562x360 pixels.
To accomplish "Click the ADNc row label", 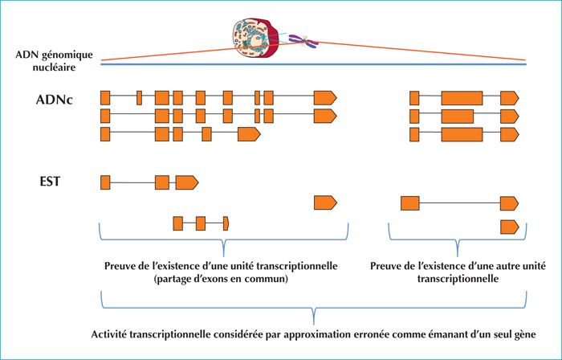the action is click(54, 100).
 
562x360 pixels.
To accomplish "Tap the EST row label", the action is click(50, 182).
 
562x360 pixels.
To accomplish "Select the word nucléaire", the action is click(54, 67).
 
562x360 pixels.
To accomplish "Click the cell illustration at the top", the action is click(255, 38).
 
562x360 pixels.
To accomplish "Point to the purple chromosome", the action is click(303, 41).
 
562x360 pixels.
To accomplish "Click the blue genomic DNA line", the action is click(314, 64).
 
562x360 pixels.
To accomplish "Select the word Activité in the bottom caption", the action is click(108, 334).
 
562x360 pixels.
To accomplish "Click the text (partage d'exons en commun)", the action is click(221, 279).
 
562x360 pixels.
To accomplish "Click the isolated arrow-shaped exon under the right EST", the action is click(509, 227).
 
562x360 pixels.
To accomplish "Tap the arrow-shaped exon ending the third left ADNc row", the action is click(249, 133).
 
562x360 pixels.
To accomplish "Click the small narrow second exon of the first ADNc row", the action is click(139, 98).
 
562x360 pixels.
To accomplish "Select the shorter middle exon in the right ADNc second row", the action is click(458, 117).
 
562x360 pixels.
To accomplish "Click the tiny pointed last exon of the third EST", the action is click(226, 223).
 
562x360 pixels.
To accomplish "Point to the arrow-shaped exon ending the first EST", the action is click(187, 182).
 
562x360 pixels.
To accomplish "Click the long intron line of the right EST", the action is click(460, 203).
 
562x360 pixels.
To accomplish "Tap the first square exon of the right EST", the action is click(410, 203).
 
